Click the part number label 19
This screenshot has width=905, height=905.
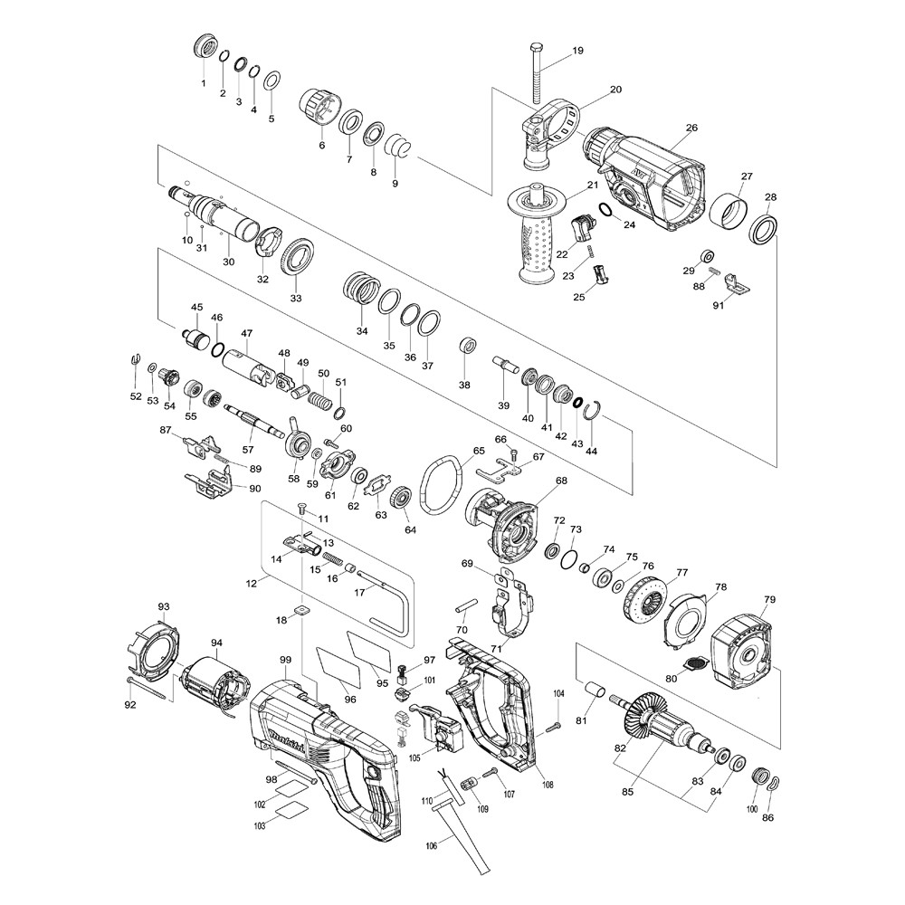(x=577, y=50)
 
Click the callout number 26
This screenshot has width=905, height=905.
(x=692, y=128)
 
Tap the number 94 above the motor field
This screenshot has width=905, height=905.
(x=216, y=643)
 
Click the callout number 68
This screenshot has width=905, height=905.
(x=561, y=481)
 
